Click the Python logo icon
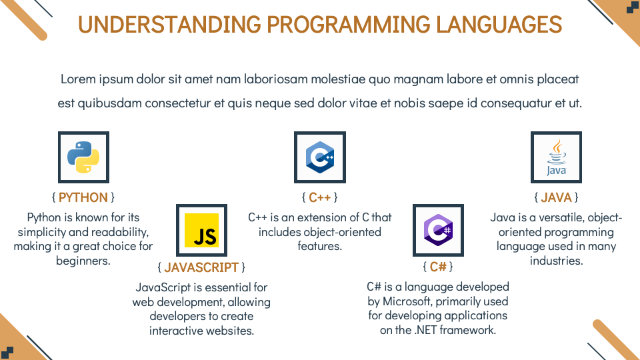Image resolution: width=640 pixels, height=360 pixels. pyautogui.click(x=83, y=157)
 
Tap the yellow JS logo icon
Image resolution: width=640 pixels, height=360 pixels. pyautogui.click(x=201, y=230)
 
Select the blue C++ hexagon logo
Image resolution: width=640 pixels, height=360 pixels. pyautogui.click(x=320, y=157)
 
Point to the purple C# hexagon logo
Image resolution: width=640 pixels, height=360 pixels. pyautogui.click(x=438, y=230)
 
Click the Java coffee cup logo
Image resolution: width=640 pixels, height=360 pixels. pyautogui.click(x=556, y=157)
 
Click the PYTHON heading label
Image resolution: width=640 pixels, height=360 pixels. pyautogui.click(x=83, y=197)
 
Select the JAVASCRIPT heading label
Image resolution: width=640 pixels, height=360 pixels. pyautogui.click(x=201, y=267)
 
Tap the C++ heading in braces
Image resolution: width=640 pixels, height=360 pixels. pyautogui.click(x=320, y=197)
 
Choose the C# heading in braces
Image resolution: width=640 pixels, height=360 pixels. pyautogui.click(x=438, y=267)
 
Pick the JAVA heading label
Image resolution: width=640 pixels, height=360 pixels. pyautogui.click(x=556, y=197)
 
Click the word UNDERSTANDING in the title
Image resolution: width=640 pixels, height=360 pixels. pyautogui.click(x=169, y=25)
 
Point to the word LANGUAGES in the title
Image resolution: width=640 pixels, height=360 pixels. pyautogui.click(x=499, y=25)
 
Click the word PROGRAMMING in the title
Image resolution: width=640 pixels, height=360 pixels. pyautogui.click(x=349, y=25)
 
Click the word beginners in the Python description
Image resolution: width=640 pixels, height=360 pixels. pyautogui.click(x=83, y=261)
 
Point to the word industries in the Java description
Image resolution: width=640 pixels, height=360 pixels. pyautogui.click(x=556, y=261)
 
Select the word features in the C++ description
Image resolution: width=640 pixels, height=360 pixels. pyautogui.click(x=319, y=246)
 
